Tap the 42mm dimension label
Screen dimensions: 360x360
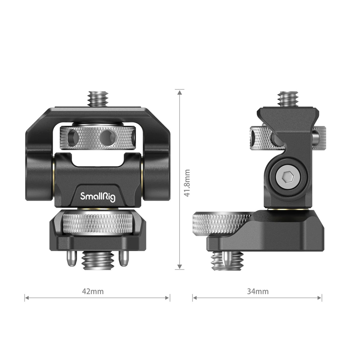tap(93, 291)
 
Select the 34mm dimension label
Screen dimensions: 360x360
tap(258, 291)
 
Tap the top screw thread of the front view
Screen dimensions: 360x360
tap(98, 98)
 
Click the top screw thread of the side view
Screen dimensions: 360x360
tap(287, 98)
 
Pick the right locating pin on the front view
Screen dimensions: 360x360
tap(123, 258)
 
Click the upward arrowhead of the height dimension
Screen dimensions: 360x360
tap(179, 92)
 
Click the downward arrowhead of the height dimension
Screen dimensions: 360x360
tap(179, 267)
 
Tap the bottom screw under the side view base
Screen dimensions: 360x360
tap(227, 261)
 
